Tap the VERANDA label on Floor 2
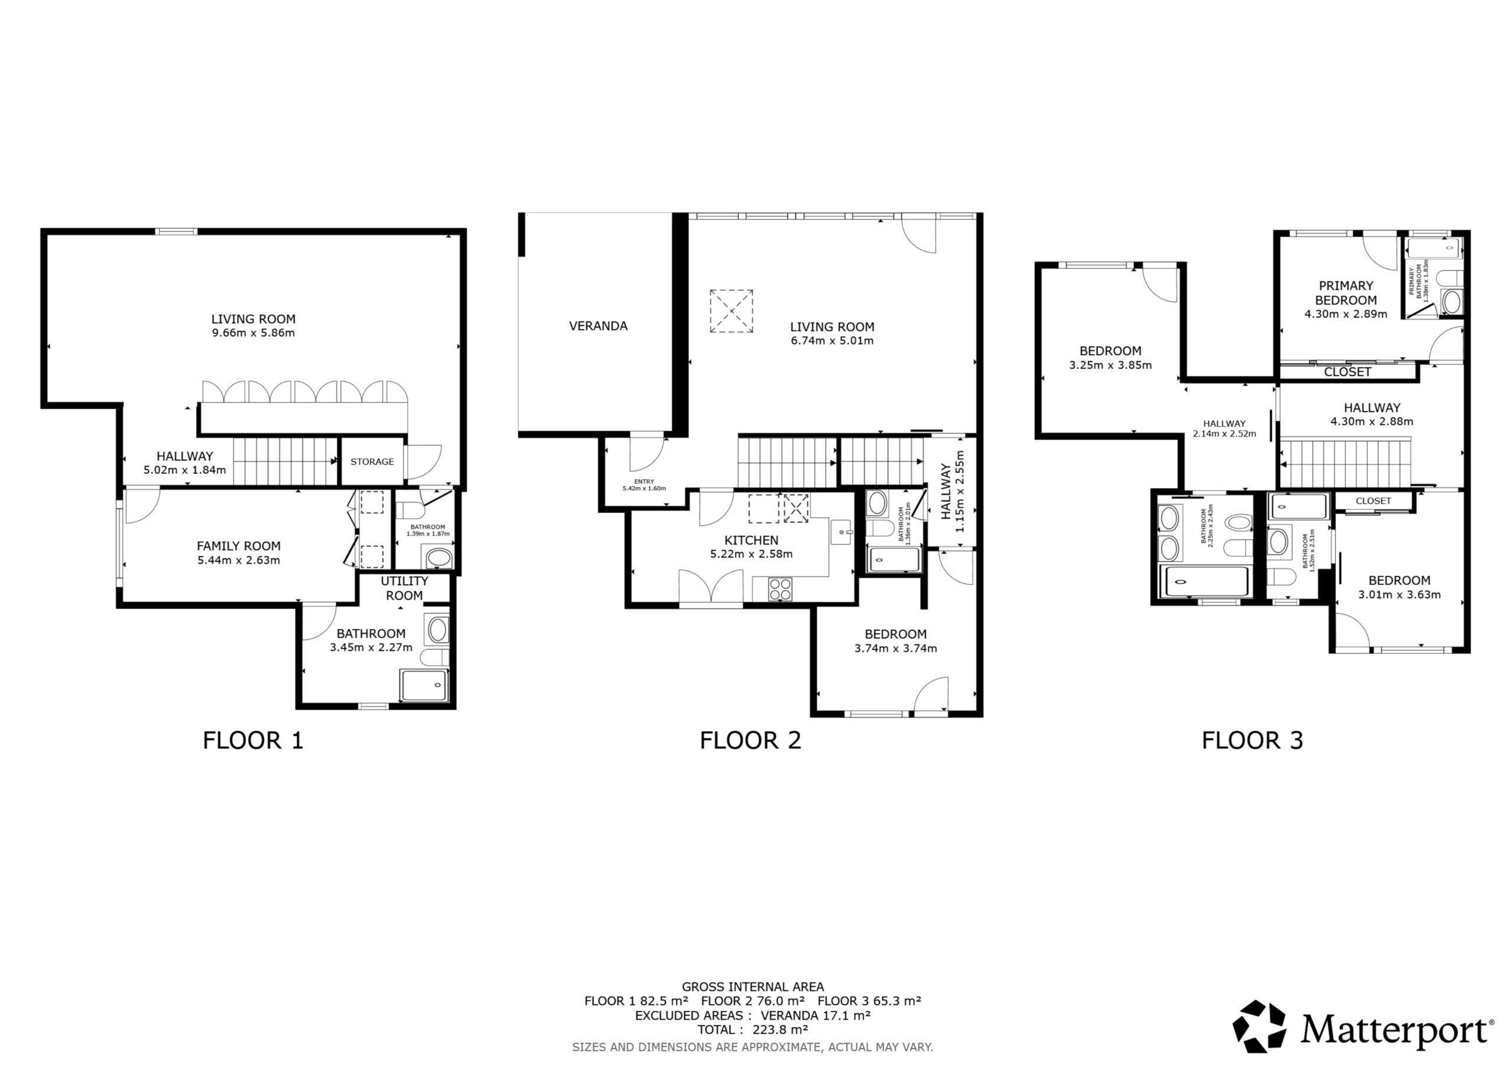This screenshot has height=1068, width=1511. pos(598,326)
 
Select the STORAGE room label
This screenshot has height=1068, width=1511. pos(372,461)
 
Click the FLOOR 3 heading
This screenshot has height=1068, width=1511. pos(1252,741)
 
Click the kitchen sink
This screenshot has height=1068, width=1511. pos(842,532)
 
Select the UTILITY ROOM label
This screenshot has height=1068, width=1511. pos(404,588)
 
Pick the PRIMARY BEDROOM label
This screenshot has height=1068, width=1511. pos(1346,293)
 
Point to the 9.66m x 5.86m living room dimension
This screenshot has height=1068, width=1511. pos(253,333)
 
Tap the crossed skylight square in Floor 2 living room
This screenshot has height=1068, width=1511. pos(731,310)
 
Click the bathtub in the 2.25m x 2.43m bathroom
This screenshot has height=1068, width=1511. pos(1207,582)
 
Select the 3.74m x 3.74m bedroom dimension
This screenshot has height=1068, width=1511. pos(895,648)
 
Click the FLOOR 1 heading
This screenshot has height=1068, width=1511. pos(253,741)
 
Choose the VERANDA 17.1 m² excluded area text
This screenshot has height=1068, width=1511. pos(816,1015)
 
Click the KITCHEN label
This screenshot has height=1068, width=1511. pos(751,540)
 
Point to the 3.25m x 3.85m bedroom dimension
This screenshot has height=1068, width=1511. pos(1110,365)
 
